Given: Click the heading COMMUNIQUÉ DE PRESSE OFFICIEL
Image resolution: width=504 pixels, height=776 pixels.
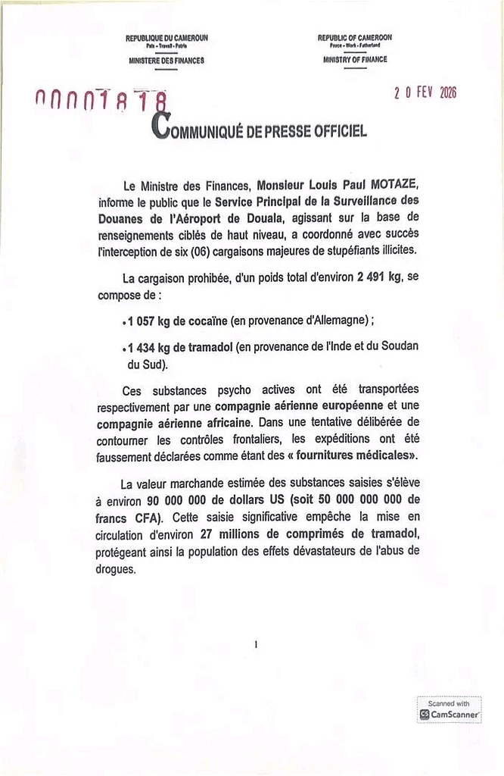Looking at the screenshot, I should tap(260, 130).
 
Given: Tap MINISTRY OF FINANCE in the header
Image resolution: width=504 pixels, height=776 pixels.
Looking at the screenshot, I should tap(354, 59).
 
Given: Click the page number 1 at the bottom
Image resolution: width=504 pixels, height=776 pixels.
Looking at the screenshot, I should tap(257, 645).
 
